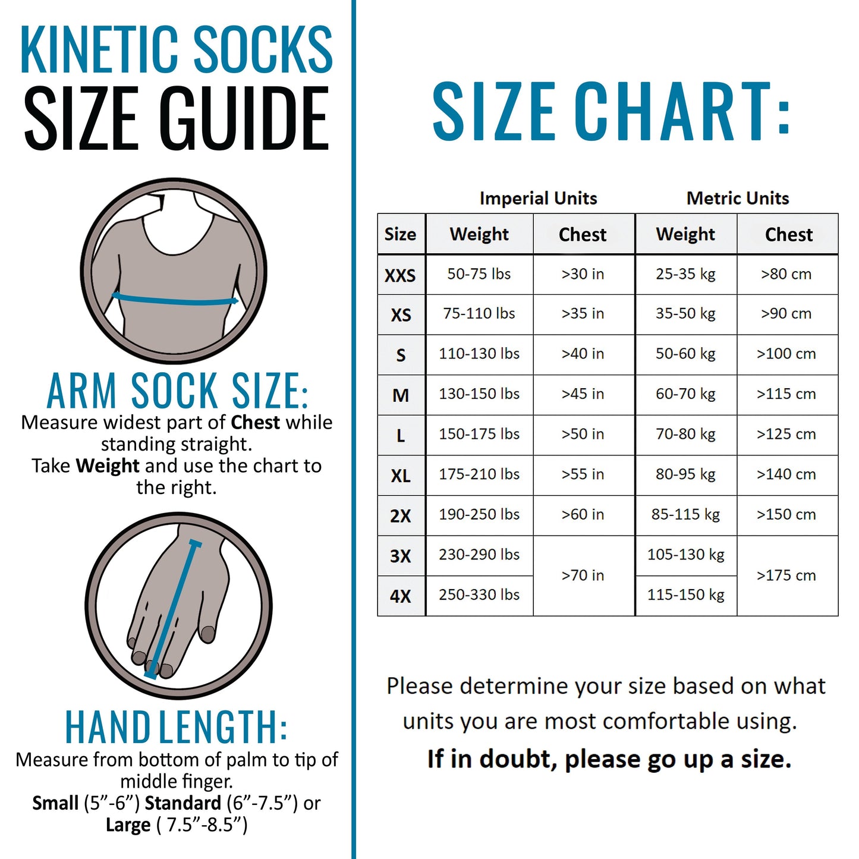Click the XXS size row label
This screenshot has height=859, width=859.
click(400, 275)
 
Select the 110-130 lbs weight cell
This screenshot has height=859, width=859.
click(479, 354)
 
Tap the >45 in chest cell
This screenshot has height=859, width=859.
click(583, 394)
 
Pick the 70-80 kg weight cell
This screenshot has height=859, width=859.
click(685, 435)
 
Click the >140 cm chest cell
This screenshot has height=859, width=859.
click(786, 474)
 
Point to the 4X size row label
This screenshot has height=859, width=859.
click(400, 596)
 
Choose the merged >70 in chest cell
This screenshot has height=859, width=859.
click(583, 575)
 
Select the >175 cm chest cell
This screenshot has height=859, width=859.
click(786, 575)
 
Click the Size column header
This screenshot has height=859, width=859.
click(400, 234)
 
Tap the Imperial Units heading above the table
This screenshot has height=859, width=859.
click(538, 198)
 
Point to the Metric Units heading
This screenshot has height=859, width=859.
click(737, 198)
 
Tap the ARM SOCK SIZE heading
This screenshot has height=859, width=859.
click(177, 391)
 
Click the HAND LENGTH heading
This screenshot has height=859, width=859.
click(176, 726)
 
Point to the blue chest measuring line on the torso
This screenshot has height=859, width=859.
click(175, 300)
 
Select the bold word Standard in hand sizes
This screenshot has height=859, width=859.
click(183, 803)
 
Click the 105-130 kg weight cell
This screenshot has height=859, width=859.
click(685, 555)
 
